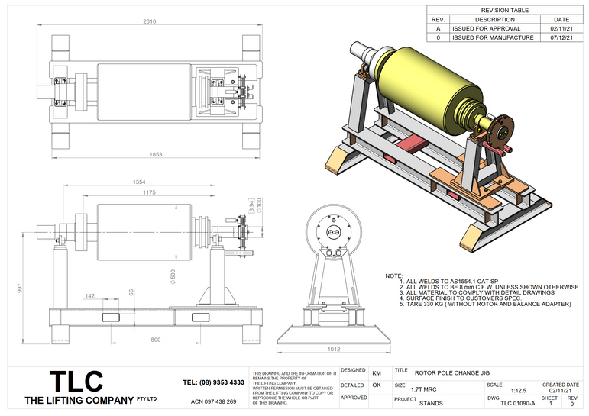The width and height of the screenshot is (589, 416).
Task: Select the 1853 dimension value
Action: click(155, 154)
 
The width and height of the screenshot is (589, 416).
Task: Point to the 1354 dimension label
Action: click(138, 183)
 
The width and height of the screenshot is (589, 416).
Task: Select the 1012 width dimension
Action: click(334, 350)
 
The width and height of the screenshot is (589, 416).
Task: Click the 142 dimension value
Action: click(91, 295)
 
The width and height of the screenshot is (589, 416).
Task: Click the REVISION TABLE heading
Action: click(504, 10)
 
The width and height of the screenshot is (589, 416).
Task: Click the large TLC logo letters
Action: click(76, 381)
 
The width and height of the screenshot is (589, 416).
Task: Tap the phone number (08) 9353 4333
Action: click(214, 382)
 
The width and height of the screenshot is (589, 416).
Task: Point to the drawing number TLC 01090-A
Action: click(517, 403)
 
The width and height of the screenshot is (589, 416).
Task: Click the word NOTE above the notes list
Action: click(393, 276)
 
